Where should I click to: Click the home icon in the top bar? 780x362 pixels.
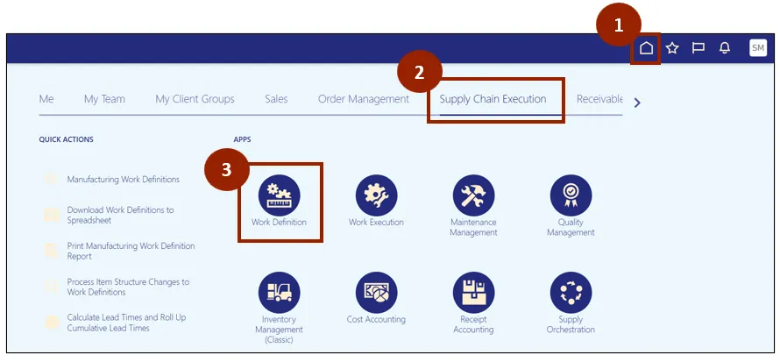click(646, 48)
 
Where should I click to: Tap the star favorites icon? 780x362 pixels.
click(672, 48)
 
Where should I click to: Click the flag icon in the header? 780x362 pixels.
click(698, 48)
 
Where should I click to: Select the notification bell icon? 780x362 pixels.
click(725, 48)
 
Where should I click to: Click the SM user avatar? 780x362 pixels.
click(758, 48)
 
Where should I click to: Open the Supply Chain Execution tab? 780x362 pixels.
click(493, 99)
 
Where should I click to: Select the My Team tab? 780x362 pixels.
click(104, 99)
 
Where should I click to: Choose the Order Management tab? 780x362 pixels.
click(363, 99)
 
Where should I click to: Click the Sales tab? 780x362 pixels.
click(276, 99)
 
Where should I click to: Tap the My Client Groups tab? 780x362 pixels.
click(195, 99)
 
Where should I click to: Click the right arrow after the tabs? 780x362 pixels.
click(637, 103)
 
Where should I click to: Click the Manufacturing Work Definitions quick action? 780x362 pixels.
click(123, 180)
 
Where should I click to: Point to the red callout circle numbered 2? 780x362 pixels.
click(420, 74)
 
